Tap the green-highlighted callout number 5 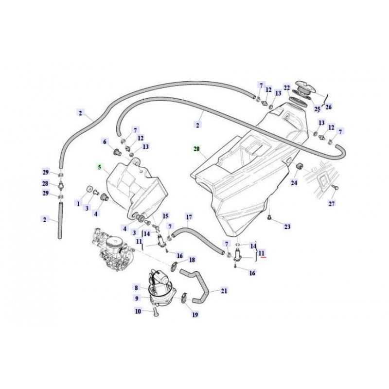(x=100, y=167)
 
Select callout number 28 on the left (x=45, y=184)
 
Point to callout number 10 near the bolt (x=138, y=311)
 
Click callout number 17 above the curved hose (x=189, y=216)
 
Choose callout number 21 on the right (x=224, y=291)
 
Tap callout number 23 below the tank (x=287, y=227)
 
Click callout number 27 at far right (x=332, y=203)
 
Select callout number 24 (x=294, y=183)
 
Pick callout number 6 (x=104, y=141)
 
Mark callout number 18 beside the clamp (x=192, y=260)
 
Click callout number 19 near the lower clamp (x=195, y=315)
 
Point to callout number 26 (x=328, y=107)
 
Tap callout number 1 (x=77, y=202)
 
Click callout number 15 (x=165, y=216)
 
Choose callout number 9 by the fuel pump (x=137, y=298)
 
